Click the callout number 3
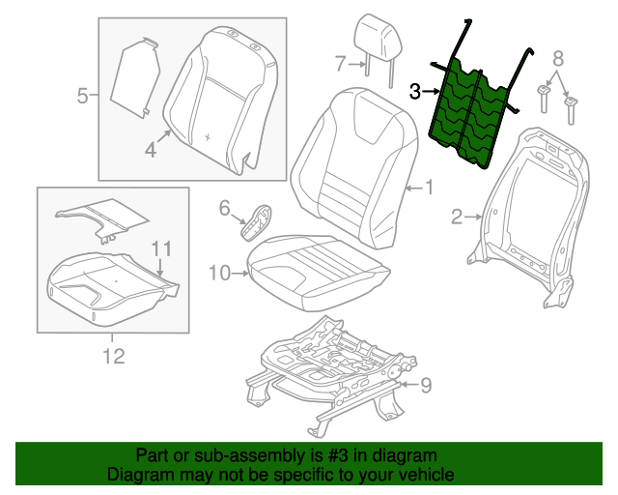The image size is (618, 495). pos(415,92)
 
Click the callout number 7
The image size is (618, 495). pos(340,65)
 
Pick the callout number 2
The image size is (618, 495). pos(458,218)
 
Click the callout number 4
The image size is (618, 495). pos(151,149)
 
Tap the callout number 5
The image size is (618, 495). pos(82,95)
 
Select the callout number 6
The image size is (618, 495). pos(223,207)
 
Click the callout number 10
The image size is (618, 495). pos(218,274)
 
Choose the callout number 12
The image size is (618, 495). pos(114,357)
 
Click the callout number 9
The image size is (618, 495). pos(425,386)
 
